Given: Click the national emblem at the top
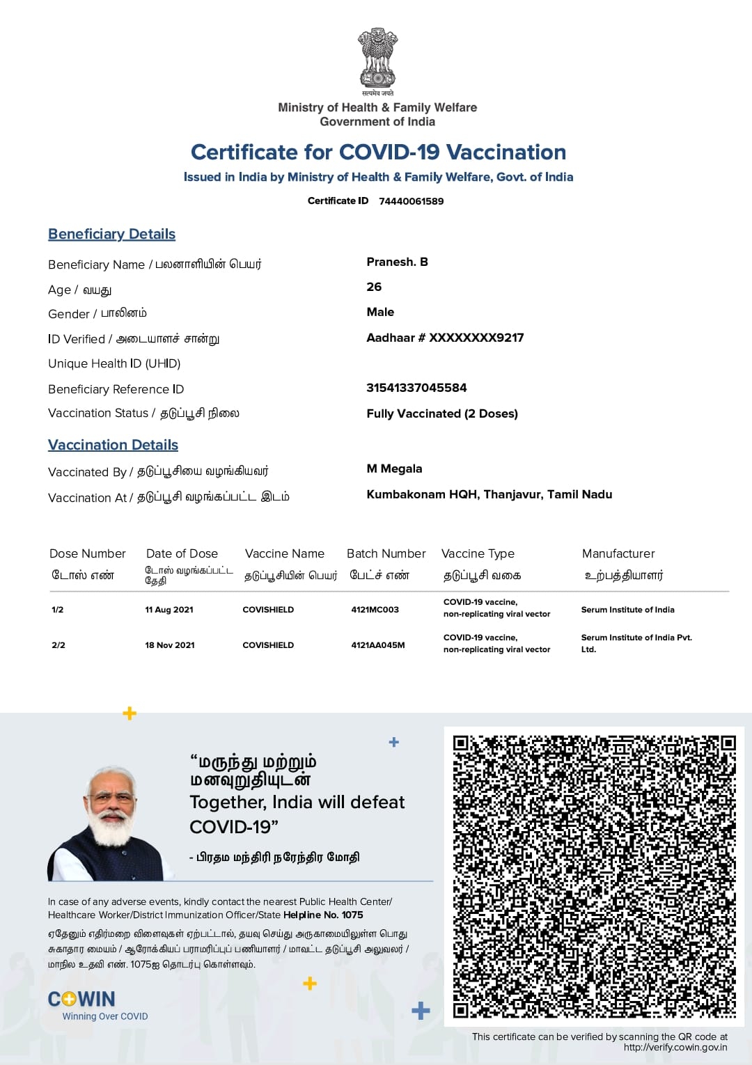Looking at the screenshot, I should coord(377,59).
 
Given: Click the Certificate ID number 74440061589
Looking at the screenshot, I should coord(411,201).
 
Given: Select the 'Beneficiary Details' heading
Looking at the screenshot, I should coord(111,234).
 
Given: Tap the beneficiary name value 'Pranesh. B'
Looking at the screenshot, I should coord(397,262).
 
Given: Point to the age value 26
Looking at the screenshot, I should coord(374,287).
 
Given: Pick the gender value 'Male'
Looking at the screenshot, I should coord(380,312).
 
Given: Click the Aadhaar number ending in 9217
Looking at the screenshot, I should coord(445,338).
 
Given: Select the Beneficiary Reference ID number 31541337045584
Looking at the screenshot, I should coord(416,388).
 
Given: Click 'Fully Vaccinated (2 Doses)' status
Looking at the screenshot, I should coord(442,413).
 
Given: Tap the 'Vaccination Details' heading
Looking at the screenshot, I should coord(113,445).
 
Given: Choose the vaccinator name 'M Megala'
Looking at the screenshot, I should coord(394,468).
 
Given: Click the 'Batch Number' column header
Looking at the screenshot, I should coord(386,553).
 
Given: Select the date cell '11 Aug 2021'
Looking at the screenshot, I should coord(169,610).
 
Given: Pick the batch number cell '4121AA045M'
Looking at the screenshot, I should coord(378,645).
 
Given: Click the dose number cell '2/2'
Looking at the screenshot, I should coord(58,645).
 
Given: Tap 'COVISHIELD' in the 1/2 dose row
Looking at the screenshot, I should coord(268,610).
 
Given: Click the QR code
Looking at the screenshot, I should coord(594,876).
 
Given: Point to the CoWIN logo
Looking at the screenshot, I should coord(81,1000).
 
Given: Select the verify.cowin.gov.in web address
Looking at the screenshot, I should coord(675,1047).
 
